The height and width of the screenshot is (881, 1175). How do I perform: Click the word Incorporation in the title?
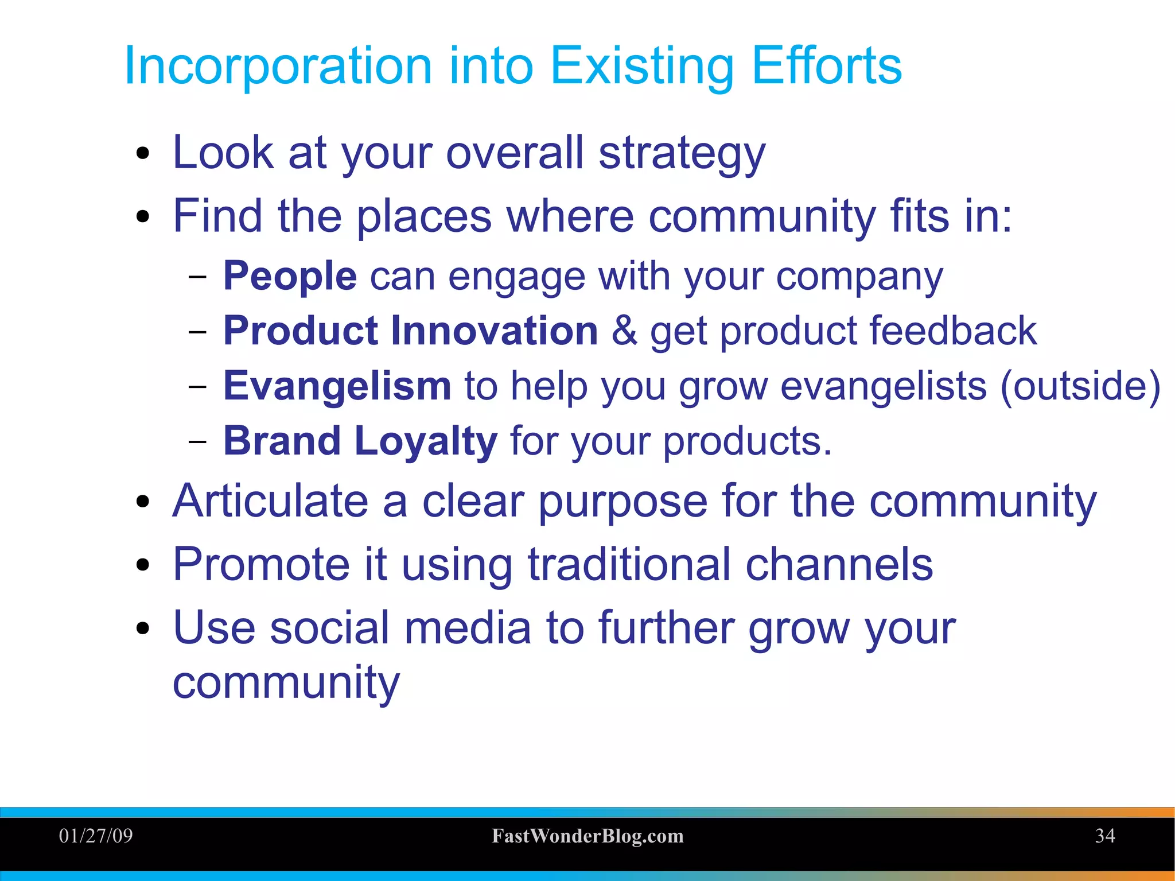tap(278, 66)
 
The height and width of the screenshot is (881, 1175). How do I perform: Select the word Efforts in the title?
tap(826, 66)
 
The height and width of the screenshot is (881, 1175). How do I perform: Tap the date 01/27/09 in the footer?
tap(96, 836)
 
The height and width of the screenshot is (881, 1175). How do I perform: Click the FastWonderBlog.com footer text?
tap(587, 836)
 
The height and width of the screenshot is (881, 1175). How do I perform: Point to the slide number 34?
tap(1104, 836)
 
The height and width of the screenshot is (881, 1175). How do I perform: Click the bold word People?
tap(290, 276)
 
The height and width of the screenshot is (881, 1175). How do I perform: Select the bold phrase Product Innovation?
tap(410, 331)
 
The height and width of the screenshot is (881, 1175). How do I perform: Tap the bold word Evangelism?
tap(337, 386)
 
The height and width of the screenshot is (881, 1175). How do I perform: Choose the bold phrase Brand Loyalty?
tap(360, 441)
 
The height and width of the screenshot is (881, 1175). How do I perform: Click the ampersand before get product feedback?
tap(624, 331)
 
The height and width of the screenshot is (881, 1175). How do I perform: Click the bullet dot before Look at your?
tap(143, 154)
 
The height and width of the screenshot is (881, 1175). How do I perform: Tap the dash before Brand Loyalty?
tap(197, 441)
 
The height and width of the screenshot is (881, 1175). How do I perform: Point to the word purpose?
tap(622, 502)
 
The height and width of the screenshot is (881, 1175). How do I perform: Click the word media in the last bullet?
tap(468, 628)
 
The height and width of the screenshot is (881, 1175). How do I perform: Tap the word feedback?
tap(953, 331)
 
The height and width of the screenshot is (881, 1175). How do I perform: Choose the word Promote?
tap(261, 565)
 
